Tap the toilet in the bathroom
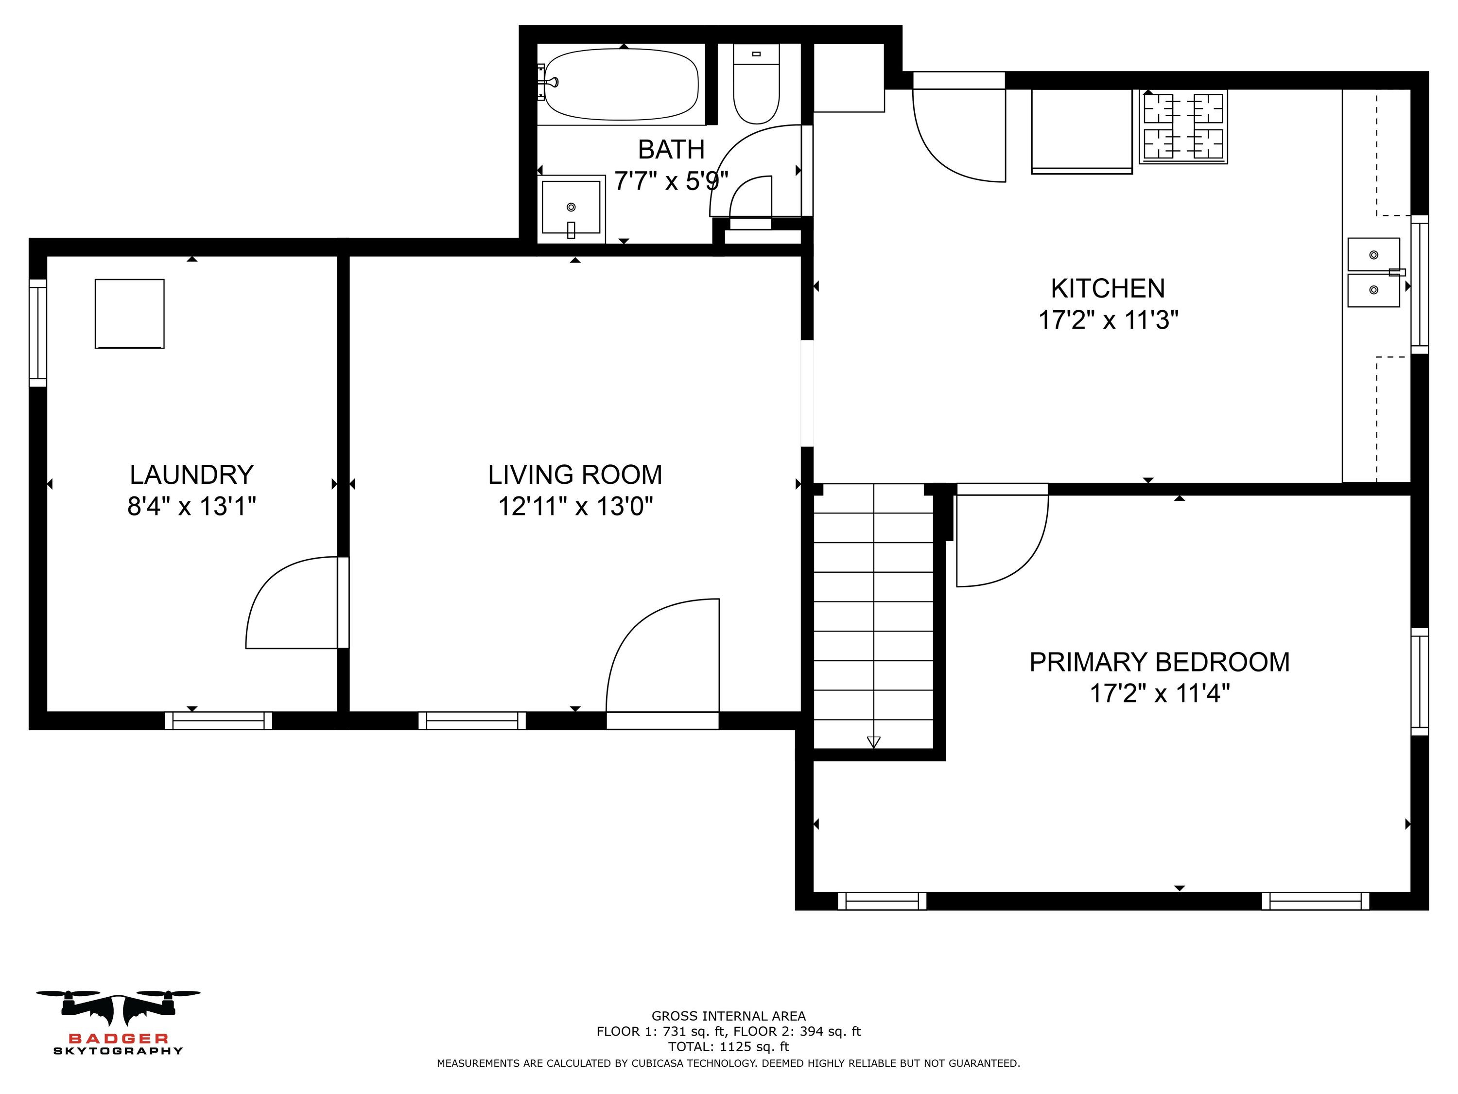pyautogui.click(x=756, y=84)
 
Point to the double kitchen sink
pyautogui.click(x=1374, y=272)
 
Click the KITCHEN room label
pyautogui.click(x=1108, y=288)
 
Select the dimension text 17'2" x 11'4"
pyautogui.click(x=1160, y=693)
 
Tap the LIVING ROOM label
pyautogui.click(x=575, y=475)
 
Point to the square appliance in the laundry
pyautogui.click(x=130, y=314)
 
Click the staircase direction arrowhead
pyautogui.click(x=873, y=742)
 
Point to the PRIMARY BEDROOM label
pyautogui.click(x=1160, y=662)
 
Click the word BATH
pyautogui.click(x=671, y=150)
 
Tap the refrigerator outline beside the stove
pyautogui.click(x=1082, y=132)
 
